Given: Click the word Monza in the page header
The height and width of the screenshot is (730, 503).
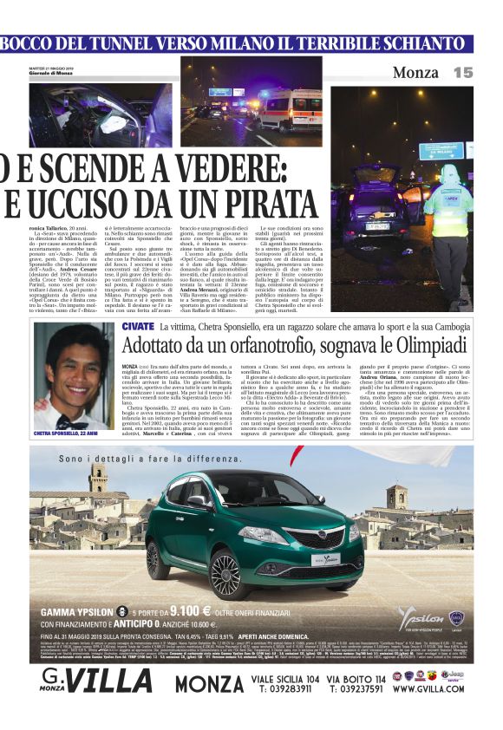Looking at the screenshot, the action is click(415, 73).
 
